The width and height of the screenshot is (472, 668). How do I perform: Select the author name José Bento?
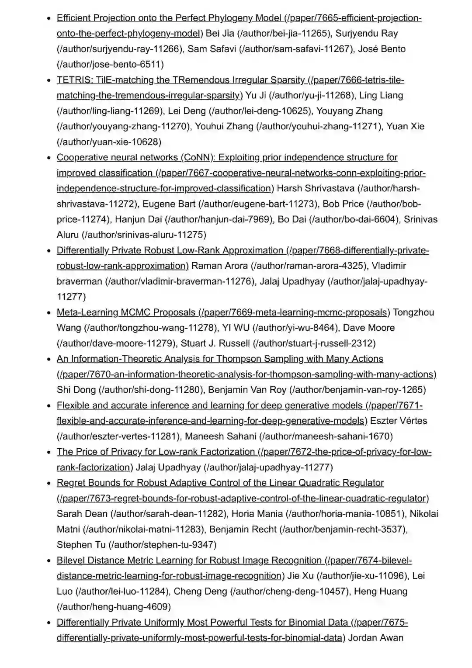coord(382,49)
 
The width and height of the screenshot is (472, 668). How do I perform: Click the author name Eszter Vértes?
coord(398,421)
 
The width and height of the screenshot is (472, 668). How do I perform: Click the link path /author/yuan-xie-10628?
coord(109,142)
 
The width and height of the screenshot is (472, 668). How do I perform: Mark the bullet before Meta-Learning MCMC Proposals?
coord(49,313)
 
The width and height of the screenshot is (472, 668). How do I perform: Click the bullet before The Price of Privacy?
coord(49,452)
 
